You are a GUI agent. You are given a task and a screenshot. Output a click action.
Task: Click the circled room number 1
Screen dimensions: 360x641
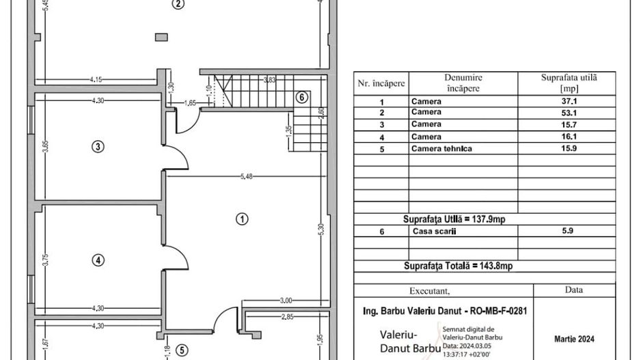tap(241, 219)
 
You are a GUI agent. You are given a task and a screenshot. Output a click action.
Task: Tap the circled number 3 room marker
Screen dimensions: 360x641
tap(99, 146)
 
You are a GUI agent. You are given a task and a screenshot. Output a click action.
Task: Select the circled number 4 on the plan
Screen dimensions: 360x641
tap(99, 260)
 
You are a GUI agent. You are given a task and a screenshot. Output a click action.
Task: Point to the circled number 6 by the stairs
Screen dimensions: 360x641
tap(301, 98)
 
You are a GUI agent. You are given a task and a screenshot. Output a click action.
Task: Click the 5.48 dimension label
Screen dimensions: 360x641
tap(246, 177)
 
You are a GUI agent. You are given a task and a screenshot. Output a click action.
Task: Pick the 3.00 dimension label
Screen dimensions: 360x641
tap(286, 301)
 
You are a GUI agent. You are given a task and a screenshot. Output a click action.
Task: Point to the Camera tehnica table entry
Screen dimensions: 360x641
tap(441, 148)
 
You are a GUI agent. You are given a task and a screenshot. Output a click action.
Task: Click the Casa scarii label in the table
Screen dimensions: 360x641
tap(433, 232)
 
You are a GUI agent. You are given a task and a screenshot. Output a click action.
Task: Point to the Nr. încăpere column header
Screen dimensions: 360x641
tap(381, 83)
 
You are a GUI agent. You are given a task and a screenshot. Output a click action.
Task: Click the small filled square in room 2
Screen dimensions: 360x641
tap(161, 37)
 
